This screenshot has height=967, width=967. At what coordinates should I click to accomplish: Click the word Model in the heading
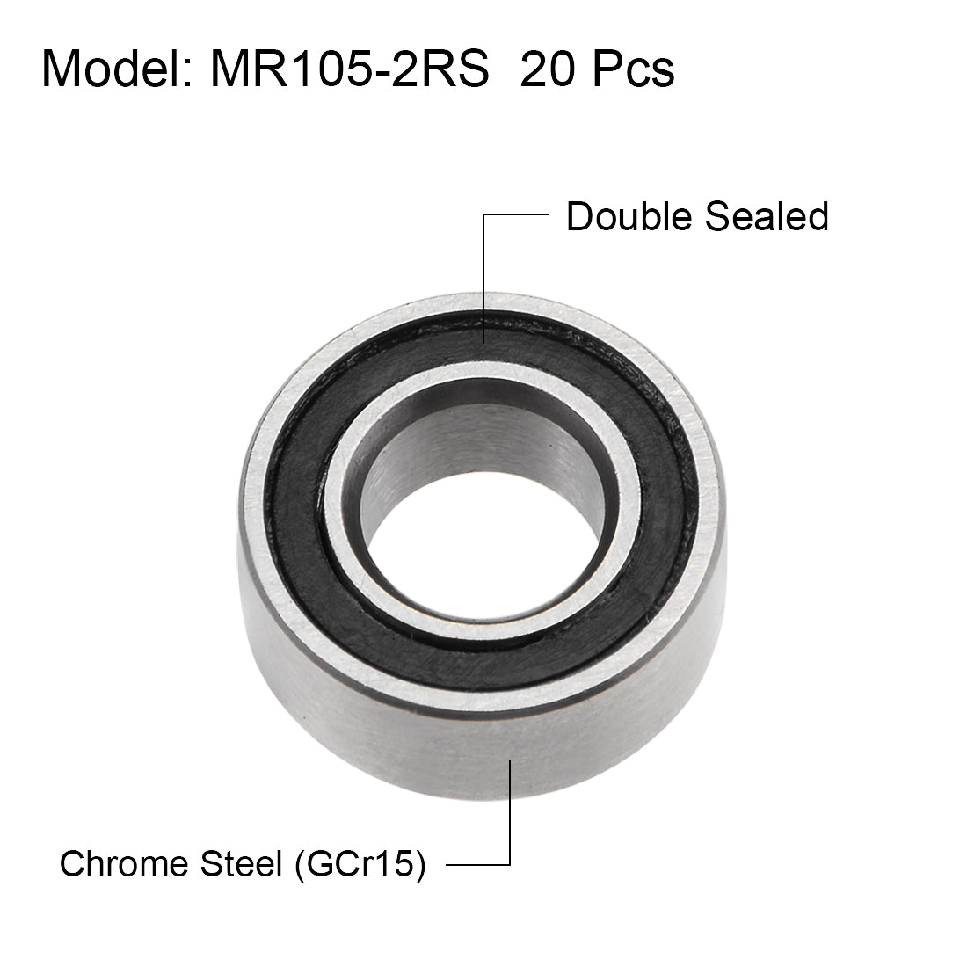113,69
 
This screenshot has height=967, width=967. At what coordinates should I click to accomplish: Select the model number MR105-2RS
349,69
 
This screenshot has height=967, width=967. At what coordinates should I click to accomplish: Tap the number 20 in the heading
550,69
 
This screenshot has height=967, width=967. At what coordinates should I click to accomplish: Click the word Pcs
633,69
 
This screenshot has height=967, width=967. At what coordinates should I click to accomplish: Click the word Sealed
767,216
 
